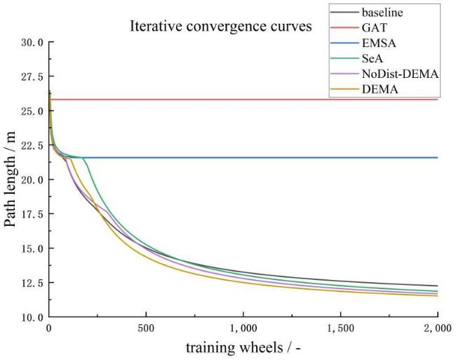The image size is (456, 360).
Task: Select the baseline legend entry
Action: (x=382, y=12)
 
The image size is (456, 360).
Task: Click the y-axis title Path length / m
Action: (x=11, y=179)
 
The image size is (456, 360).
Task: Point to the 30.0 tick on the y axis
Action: (x=31, y=43)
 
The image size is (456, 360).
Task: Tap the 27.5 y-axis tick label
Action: (x=31, y=77)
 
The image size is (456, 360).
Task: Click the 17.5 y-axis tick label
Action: (x=31, y=215)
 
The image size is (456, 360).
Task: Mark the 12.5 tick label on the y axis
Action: (x=31, y=284)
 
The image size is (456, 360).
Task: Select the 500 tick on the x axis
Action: (x=146, y=328)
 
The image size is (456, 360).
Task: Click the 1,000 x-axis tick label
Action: (x=243, y=328)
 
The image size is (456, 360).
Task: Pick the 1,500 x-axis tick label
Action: (x=340, y=328)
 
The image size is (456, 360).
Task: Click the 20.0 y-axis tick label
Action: (x=31, y=180)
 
